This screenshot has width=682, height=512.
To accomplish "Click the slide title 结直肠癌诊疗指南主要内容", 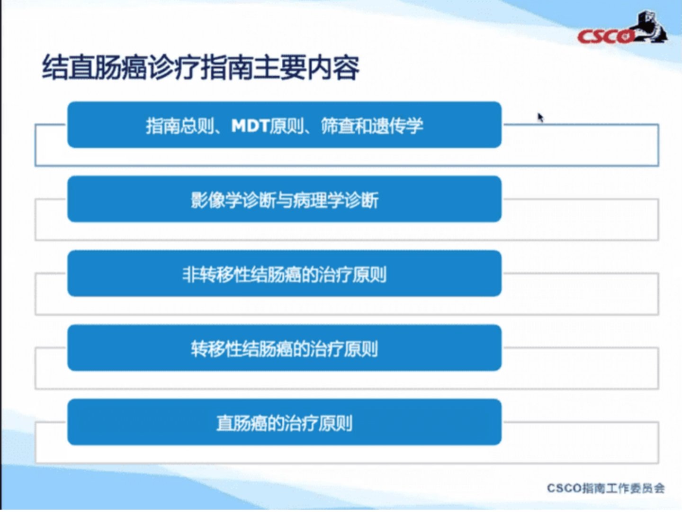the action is (201, 67).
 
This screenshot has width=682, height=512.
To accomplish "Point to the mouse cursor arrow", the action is (541, 118).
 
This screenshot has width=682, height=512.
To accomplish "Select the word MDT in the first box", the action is (250, 126).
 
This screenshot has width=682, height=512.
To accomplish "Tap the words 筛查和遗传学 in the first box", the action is (372, 126).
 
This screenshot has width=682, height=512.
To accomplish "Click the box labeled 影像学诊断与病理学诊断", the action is (284, 199).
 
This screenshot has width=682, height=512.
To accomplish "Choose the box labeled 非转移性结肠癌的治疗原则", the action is (284, 273).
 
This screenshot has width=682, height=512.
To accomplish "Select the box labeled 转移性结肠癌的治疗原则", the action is (284, 347).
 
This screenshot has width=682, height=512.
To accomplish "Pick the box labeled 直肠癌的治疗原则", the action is (284, 422).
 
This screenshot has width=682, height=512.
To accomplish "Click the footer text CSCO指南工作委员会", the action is (606, 488).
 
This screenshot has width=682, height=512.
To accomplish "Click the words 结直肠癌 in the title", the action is (94, 67).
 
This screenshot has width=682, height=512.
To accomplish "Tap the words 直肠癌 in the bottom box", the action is (242, 423).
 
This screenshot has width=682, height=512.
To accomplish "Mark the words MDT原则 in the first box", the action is (267, 126).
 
